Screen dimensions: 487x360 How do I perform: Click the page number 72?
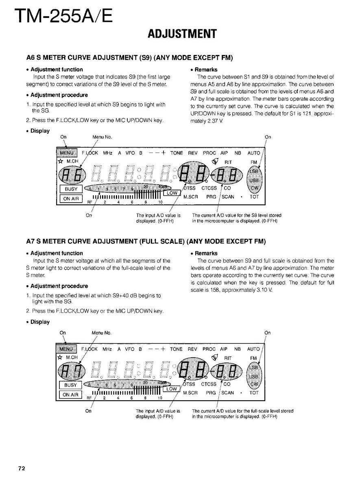click(x=22, y=468)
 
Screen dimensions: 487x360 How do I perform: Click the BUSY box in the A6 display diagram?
click(x=71, y=189)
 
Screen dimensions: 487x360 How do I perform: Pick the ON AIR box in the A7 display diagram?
click(x=71, y=394)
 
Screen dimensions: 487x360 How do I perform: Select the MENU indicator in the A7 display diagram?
click(x=66, y=349)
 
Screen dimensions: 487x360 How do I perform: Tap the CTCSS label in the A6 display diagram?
click(x=209, y=188)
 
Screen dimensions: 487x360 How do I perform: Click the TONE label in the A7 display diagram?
click(x=176, y=349)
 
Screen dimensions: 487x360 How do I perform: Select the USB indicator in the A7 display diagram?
click(x=254, y=376)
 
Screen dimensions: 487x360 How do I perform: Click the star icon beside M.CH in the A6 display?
click(x=59, y=161)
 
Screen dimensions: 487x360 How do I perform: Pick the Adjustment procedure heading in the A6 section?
click(x=59, y=95)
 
